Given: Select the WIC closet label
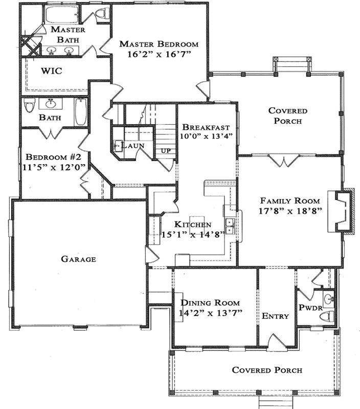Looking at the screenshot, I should click(52, 71).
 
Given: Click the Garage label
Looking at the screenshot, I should click(79, 259).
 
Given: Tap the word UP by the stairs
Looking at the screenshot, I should click(166, 152).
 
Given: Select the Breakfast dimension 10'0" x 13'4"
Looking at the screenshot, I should click(206, 136).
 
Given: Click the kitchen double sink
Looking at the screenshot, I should click(231, 226).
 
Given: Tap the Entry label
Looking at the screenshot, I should click(275, 316).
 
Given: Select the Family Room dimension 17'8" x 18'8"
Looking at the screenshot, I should click(290, 211).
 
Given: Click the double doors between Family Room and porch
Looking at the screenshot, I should click(283, 161).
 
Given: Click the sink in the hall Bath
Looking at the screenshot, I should click(50, 104).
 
